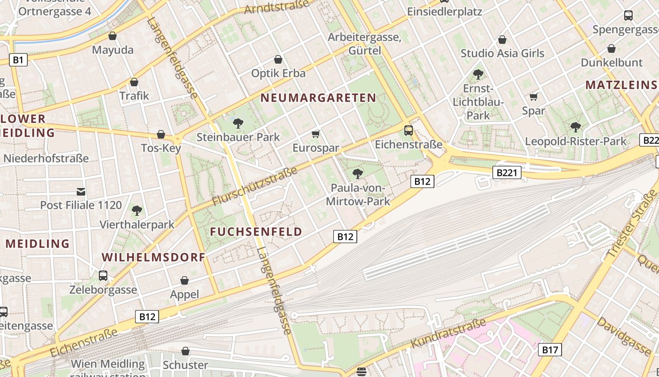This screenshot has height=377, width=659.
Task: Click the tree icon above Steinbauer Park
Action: (238, 123)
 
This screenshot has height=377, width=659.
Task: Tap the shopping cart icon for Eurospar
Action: (316, 134)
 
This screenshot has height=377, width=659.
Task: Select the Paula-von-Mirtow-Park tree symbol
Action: (358, 174)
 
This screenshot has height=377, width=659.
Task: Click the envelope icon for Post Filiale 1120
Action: (81, 191)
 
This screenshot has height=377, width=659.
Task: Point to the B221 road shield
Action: (507, 172)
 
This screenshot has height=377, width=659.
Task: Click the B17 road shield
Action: (549, 349)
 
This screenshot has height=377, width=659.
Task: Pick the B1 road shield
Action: (18, 60)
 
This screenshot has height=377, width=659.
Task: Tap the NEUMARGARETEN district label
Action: (318, 98)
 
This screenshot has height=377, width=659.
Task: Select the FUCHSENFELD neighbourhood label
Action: (256, 231)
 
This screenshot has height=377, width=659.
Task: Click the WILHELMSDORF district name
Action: (153, 257)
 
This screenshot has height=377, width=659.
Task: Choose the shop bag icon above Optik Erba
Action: (278, 59)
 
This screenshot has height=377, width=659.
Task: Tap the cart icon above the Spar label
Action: (533, 97)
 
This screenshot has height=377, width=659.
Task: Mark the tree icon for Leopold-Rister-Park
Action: (575, 127)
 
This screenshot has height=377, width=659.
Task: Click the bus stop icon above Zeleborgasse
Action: (103, 276)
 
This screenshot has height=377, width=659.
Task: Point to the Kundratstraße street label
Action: (448, 334)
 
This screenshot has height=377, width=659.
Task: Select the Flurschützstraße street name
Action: (255, 186)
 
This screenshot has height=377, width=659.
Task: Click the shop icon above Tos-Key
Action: (161, 134)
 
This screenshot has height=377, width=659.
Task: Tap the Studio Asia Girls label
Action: (502, 53)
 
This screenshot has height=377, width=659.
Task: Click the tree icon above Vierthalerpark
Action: (137, 210)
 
